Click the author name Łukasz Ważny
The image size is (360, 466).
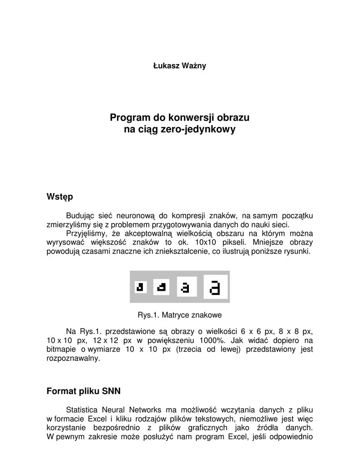(x=179, y=66)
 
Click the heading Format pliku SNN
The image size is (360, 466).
(x=84, y=391)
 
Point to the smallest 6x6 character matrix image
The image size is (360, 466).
(x=140, y=287)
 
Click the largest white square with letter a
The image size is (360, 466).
(x=215, y=287)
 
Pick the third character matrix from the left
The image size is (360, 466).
(x=186, y=287)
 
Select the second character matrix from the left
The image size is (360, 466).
(x=161, y=287)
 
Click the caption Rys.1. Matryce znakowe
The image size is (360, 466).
(x=179, y=315)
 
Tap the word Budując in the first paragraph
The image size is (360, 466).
(x=80, y=215)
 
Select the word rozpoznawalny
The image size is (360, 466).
(x=73, y=358)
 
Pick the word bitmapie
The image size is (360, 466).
(x=61, y=349)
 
